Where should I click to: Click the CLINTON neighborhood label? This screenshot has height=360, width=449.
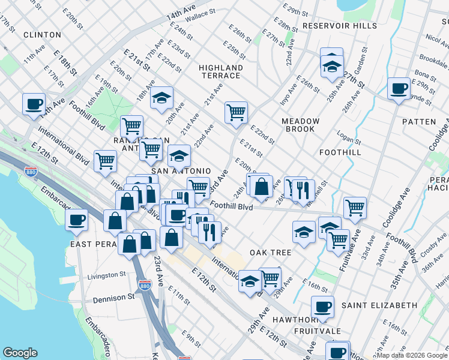click(x=42, y=35)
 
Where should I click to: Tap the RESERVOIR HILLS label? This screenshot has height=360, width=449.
click(x=340, y=26)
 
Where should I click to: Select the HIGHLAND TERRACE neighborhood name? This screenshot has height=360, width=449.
click(x=220, y=72)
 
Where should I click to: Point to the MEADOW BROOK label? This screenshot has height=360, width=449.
click(x=300, y=125)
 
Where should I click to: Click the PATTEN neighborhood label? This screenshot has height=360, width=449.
click(x=419, y=122)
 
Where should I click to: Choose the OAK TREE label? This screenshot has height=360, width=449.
click(x=271, y=253)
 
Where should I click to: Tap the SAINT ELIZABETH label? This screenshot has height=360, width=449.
click(x=379, y=305)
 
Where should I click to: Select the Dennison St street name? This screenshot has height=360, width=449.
click(x=114, y=298)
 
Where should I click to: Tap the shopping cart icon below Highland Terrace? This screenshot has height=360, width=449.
click(x=237, y=112)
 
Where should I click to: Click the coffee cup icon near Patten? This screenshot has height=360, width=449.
click(x=399, y=89)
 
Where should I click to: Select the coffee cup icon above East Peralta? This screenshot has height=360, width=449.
click(x=76, y=220)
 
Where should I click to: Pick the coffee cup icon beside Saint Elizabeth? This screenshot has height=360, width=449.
click(x=322, y=307)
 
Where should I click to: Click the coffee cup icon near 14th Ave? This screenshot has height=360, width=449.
click(x=34, y=103)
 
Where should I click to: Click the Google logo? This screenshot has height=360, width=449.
click(x=20, y=353)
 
